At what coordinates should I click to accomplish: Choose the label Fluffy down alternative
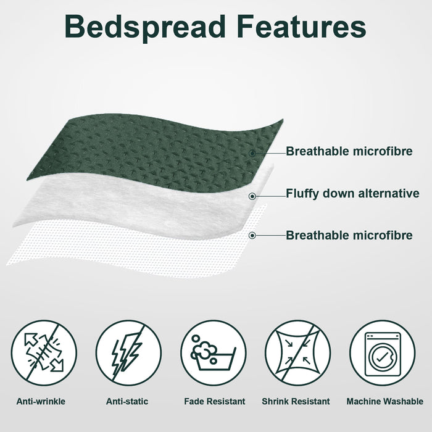352,194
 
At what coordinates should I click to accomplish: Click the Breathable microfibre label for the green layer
349,151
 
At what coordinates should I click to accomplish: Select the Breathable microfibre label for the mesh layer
349,235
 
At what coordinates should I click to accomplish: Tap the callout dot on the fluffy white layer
252,196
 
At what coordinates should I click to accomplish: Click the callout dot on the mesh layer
252,235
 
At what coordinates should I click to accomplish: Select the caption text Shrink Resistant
296,402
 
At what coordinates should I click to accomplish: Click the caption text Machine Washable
384,402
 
